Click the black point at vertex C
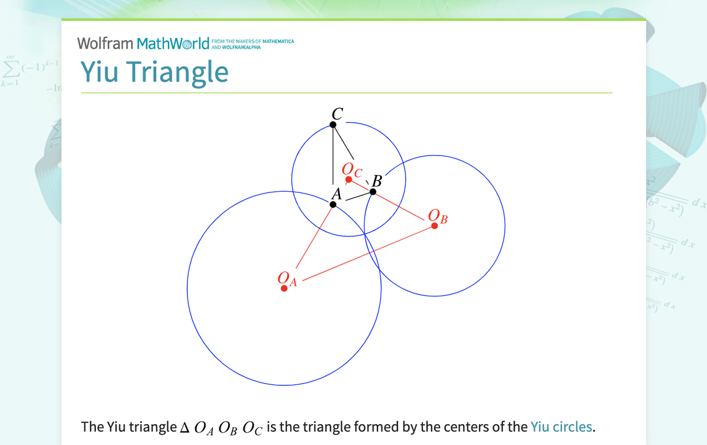[333, 125]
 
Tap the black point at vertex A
[333, 204]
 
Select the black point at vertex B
[373, 192]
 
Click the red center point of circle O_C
[349, 179]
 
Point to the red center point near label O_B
[435, 226]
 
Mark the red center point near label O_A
[284, 288]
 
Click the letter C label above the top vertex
[337, 114]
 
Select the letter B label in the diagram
[377, 181]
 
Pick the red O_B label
[438, 216]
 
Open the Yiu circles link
[561, 427]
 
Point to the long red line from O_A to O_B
[369, 253]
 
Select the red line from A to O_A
[315, 236]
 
